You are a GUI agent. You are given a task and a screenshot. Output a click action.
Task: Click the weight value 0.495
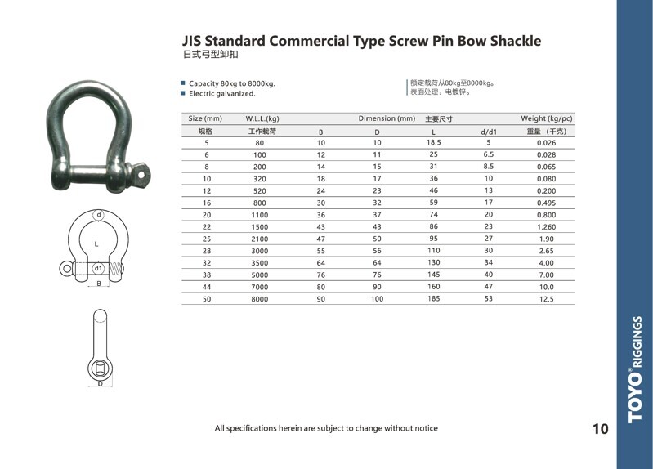pos(546,203)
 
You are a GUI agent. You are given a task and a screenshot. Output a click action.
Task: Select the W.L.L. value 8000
pos(259,299)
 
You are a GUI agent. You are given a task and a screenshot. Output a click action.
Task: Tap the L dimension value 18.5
pos(433,142)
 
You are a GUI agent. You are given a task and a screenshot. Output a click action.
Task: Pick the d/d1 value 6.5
pos(489,154)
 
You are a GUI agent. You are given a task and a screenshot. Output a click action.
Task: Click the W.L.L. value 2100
pos(259,239)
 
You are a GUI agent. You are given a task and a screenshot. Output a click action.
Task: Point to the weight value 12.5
pos(546,299)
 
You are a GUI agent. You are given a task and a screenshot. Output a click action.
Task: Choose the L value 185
pos(433,299)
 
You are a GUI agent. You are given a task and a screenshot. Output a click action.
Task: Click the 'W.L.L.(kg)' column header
pos(262,118)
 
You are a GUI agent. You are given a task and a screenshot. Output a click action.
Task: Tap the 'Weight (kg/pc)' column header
pos(547,118)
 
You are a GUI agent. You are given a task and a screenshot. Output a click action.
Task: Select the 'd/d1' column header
pos(489,132)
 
